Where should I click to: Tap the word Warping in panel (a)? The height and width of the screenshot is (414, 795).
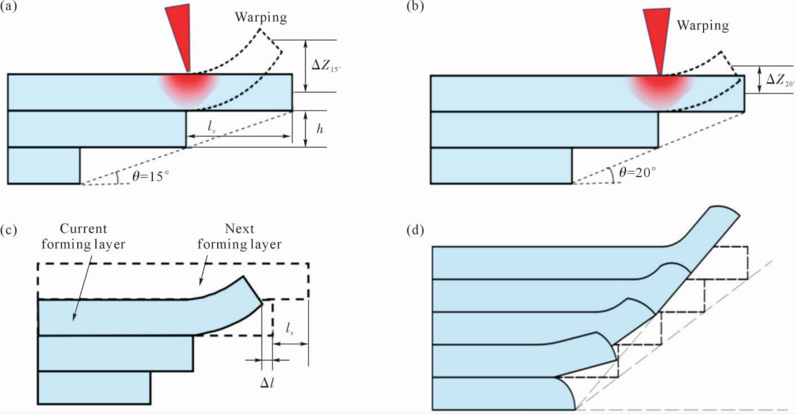pos(261,18)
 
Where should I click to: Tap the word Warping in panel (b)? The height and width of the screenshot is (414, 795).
pos(703,25)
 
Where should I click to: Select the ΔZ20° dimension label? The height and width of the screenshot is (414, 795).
pos(780,80)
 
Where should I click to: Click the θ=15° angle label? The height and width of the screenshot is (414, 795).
pos(151,176)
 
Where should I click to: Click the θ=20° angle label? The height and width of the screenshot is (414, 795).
pos(637,172)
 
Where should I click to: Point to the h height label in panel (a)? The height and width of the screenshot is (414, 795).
pos(320,129)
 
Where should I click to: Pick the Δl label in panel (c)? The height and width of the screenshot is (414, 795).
pos(267,383)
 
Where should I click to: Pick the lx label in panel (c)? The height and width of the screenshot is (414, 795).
pos(290,328)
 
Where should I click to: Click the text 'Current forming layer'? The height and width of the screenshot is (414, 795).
pos(83,236)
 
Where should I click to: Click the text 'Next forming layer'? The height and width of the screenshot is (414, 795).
pos(239,236)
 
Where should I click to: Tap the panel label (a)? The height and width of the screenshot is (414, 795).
pos(8,7)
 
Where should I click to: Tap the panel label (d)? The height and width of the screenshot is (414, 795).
pos(415,230)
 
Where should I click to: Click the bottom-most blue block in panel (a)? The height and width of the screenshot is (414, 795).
pos(44,165)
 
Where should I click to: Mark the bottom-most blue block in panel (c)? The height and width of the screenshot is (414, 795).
pos(94,388)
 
